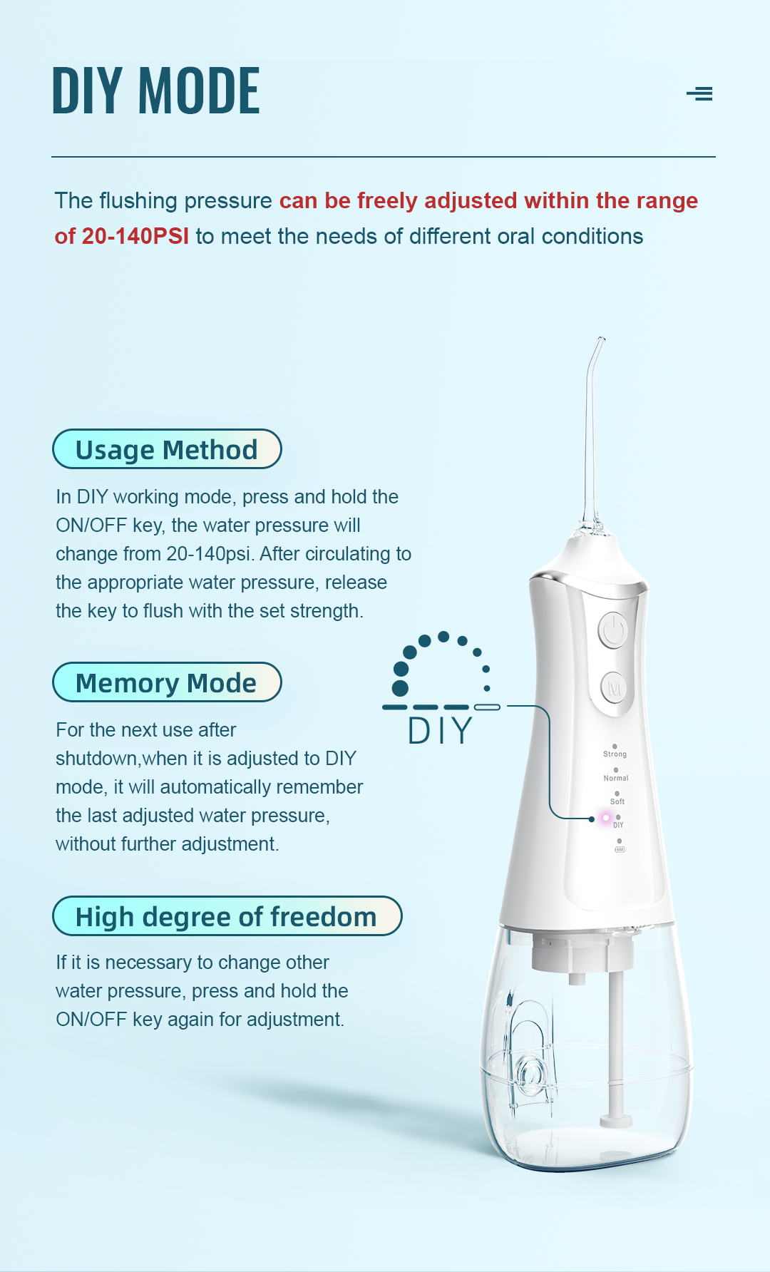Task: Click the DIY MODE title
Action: (156, 91)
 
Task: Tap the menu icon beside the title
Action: (699, 93)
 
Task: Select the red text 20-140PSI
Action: (135, 236)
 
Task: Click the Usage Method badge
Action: (167, 449)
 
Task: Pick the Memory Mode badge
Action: (167, 682)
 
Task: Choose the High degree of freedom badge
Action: (227, 916)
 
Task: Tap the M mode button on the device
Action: (614, 689)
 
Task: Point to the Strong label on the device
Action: (615, 754)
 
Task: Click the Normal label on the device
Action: (616, 778)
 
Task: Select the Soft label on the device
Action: (617, 801)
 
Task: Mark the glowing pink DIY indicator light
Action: (606, 818)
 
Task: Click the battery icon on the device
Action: (620, 850)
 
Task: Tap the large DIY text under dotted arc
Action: (440, 731)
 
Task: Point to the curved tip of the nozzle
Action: (600, 340)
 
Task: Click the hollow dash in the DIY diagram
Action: (487, 707)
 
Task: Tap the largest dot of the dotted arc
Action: (400, 688)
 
